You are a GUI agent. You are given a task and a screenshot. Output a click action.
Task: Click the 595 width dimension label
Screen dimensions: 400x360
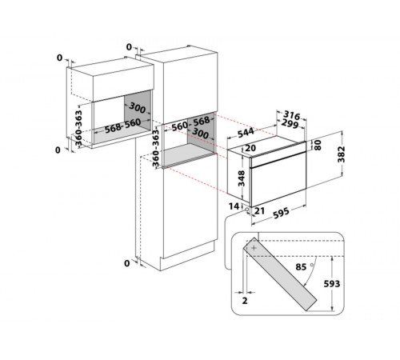(281, 213)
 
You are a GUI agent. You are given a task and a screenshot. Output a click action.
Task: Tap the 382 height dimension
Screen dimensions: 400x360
(341, 154)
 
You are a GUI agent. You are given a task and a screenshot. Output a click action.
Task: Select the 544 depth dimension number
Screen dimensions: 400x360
(246, 133)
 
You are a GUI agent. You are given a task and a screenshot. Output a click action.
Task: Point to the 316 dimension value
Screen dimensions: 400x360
(291, 115)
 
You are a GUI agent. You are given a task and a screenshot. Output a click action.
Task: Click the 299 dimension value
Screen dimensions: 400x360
(290, 123)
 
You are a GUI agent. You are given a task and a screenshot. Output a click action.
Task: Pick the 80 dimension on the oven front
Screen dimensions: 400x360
(318, 145)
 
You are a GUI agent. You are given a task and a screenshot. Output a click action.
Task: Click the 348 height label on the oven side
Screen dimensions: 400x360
(242, 178)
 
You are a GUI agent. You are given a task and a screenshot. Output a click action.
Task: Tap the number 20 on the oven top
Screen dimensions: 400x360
(250, 148)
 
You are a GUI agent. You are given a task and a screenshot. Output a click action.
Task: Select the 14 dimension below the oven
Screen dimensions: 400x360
(234, 206)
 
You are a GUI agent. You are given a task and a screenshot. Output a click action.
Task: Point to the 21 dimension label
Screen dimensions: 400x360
(259, 211)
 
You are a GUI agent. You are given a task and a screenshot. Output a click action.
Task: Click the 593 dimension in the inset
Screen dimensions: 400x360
(332, 284)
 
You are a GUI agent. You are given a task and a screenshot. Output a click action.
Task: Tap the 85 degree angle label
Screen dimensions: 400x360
(301, 267)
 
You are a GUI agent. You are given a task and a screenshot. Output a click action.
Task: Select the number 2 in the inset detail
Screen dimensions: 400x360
(245, 301)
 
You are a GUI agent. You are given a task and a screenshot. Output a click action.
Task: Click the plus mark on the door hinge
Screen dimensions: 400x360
(254, 248)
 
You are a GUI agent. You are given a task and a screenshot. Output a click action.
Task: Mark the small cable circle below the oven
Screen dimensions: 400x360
(247, 210)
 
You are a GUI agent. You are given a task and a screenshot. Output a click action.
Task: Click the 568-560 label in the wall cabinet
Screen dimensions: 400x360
(122, 126)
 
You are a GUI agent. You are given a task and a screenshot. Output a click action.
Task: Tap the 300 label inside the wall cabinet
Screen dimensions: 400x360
(138, 108)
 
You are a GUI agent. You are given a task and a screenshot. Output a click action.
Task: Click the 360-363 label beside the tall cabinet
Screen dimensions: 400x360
(156, 148)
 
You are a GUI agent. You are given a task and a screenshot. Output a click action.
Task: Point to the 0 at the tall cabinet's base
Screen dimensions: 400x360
(127, 263)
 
